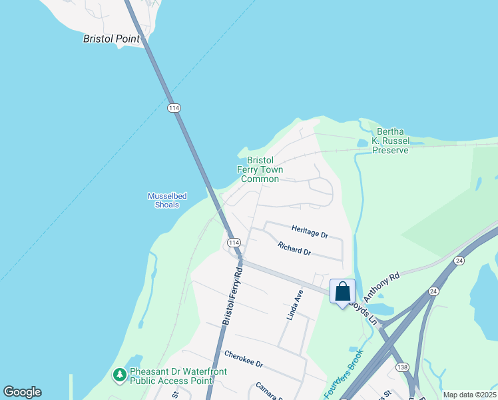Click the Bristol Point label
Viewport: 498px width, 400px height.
click(111, 39)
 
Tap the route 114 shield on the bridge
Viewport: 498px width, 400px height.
click(174, 107)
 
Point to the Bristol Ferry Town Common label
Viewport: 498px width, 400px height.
click(260, 169)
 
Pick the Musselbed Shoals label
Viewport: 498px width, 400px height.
click(167, 200)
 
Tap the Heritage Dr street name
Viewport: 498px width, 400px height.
click(310, 235)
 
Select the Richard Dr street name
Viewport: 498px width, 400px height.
click(294, 249)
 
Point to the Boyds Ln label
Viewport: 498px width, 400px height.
click(364, 313)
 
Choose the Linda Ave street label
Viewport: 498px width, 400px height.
click(295, 305)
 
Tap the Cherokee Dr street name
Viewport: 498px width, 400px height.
click(244, 361)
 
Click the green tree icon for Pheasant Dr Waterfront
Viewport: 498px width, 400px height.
click(120, 375)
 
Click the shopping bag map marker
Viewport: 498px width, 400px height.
click(342, 291)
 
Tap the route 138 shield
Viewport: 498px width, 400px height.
click(401, 367)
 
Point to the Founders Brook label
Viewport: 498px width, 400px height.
click(344, 375)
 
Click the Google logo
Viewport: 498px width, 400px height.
click(22, 392)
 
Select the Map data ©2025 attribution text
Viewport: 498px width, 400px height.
click(469, 395)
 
